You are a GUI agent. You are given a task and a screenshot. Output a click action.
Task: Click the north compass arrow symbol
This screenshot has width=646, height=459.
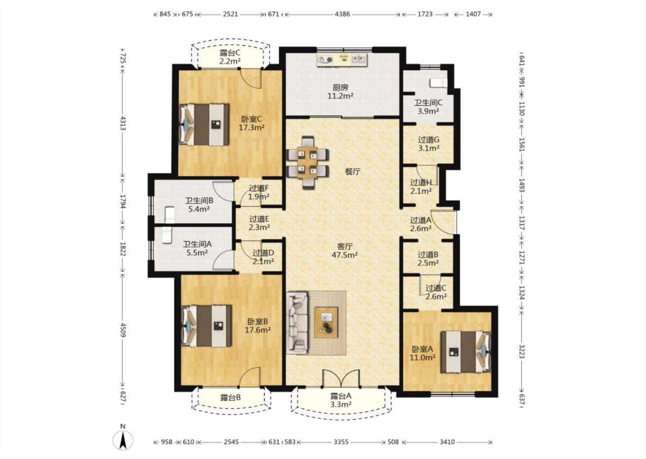(x=123, y=440)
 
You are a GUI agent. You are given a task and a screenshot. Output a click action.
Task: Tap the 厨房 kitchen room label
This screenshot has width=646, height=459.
(x=340, y=87)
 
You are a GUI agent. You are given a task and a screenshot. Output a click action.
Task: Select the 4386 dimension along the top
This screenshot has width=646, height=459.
(x=342, y=14)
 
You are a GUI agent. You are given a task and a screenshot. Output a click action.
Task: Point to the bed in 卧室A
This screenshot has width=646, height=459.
(x=466, y=352)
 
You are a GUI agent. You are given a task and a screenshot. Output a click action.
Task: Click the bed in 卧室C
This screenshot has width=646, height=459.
(x=204, y=125)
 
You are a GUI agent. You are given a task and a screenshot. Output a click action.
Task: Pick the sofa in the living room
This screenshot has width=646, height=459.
(x=297, y=323)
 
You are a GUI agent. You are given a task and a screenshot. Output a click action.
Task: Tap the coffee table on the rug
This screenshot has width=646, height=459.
(x=326, y=322)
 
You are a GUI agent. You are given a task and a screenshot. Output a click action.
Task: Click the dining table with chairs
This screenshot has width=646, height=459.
(x=307, y=163)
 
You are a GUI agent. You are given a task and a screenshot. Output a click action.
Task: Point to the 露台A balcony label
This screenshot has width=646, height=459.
(x=340, y=396)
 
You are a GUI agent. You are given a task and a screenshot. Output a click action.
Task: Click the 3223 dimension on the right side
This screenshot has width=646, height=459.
(x=521, y=351)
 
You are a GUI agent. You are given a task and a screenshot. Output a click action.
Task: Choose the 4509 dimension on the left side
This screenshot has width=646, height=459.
(x=123, y=330)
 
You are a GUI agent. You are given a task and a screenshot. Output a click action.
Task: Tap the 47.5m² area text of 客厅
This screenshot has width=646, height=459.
(x=345, y=255)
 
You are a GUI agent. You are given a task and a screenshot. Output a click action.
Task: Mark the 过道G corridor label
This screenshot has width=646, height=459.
(x=428, y=140)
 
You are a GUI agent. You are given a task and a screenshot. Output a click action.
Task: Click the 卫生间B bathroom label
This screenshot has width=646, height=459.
(x=199, y=200)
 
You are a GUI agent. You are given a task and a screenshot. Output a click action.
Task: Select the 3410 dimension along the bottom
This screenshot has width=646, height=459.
(x=447, y=442)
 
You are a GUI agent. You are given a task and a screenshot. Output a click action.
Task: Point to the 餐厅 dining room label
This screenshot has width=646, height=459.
(x=353, y=172)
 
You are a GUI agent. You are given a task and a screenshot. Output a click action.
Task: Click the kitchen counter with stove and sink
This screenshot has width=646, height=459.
(x=342, y=60)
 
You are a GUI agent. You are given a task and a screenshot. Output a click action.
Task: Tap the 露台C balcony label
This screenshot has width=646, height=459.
(x=230, y=53)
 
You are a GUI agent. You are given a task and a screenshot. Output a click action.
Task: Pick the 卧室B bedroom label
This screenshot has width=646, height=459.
(x=258, y=321)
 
